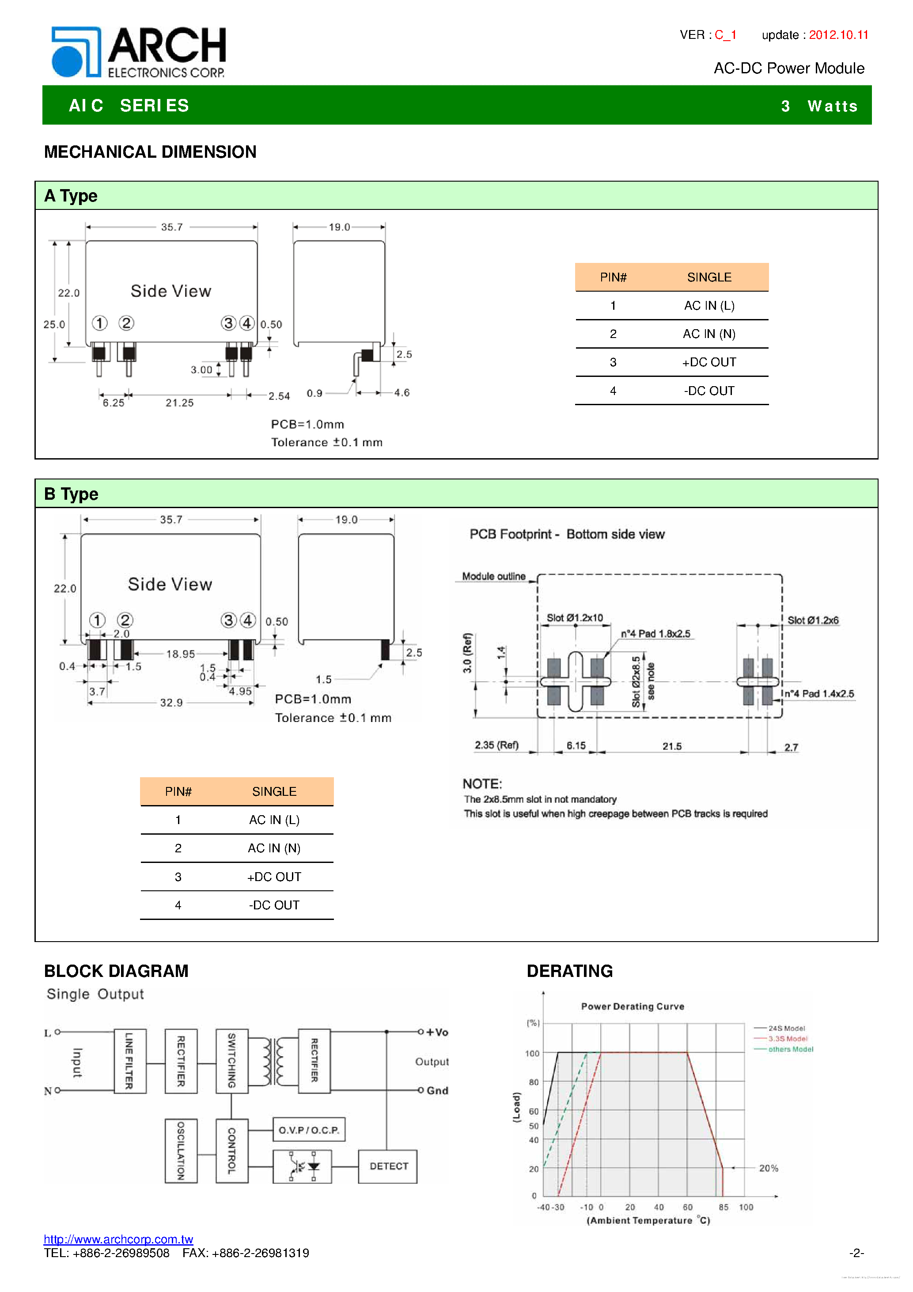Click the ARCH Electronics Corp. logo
point(138,52)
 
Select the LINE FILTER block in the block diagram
point(129,1061)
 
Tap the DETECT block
point(388,1167)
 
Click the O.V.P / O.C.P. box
point(308,1130)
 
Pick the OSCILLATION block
point(181,1151)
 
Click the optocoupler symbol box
point(302,1167)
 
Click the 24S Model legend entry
point(786,1028)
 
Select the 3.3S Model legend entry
point(787,1039)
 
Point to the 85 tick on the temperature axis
point(724,1207)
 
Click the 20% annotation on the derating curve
point(769,1168)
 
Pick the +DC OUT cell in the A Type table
point(709,362)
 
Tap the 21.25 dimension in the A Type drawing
point(179,403)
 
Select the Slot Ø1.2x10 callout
point(574,618)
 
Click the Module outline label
point(493,576)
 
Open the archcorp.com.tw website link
point(118,1239)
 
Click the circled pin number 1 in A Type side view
point(99,323)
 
